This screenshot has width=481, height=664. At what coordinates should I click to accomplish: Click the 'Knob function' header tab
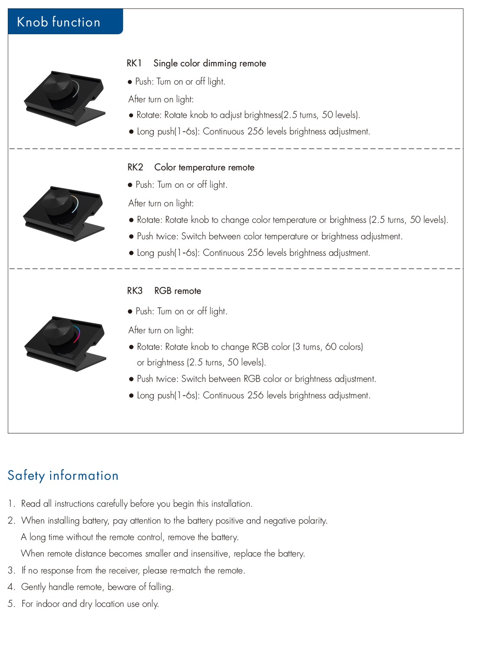pos(65,21)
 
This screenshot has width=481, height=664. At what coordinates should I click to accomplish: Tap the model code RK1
pos(134,63)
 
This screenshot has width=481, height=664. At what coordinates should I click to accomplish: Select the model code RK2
pos(135,167)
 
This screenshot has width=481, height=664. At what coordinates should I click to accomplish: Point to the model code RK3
pos(135,290)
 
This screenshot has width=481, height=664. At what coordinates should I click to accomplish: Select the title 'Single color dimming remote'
pos(209,63)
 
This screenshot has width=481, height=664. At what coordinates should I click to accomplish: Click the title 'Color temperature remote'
pos(204,167)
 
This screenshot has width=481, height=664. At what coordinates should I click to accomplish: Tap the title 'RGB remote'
pos(178,291)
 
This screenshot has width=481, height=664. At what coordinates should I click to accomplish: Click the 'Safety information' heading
pos(63,476)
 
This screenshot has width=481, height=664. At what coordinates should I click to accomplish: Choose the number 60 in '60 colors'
pos(330,347)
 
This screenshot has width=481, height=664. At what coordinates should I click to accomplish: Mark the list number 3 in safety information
pos(11,570)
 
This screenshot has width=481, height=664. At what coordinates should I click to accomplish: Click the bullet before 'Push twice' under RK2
pos(131,237)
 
